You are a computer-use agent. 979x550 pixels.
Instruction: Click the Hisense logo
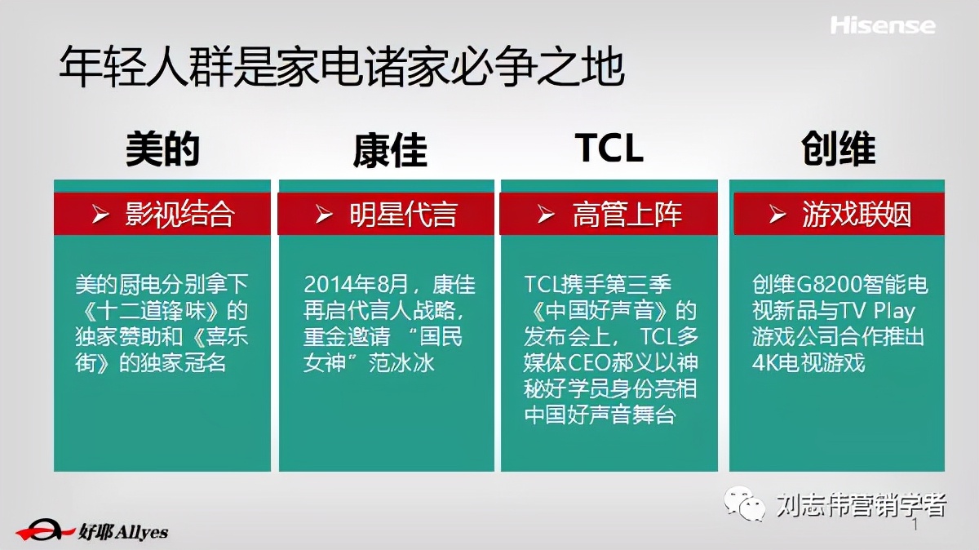tap(882, 25)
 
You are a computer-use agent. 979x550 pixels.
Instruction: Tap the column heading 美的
tap(162, 149)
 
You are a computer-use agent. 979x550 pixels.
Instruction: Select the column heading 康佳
tap(390, 150)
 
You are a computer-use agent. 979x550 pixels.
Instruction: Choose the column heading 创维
tap(838, 149)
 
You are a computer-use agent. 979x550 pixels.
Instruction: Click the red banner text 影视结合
tap(179, 214)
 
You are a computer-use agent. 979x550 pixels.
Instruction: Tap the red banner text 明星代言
tap(403, 215)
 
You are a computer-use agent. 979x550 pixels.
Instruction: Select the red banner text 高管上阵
tap(627, 215)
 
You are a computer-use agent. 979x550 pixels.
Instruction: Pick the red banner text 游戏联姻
tap(856, 215)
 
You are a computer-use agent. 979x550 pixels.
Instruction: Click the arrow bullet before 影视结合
tap(101, 215)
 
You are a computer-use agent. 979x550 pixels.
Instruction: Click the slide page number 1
tap(915, 526)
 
